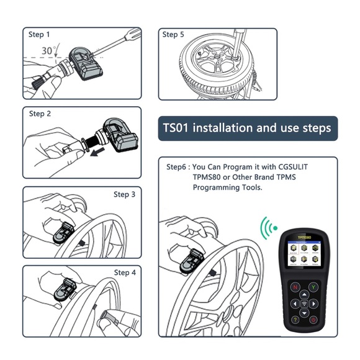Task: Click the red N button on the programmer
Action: pos(296,287)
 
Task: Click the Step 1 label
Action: pos(40,35)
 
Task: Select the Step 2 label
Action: pos(40,114)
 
